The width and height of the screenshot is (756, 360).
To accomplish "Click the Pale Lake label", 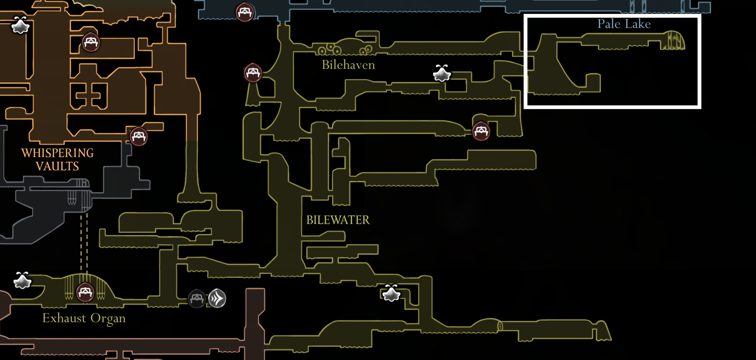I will [x=624, y=24].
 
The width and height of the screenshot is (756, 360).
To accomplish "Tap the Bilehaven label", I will [x=348, y=65].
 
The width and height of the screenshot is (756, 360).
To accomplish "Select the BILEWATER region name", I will [x=338, y=220].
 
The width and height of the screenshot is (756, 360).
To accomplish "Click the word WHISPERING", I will [x=57, y=153].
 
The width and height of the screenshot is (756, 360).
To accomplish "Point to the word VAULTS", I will [x=57, y=167].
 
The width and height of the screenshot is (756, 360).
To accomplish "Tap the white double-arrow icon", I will [x=218, y=298].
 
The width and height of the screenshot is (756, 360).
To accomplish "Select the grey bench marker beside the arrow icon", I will [x=197, y=298].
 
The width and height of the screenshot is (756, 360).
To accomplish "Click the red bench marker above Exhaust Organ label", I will [x=85, y=292].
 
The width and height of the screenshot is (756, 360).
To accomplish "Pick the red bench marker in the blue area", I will [x=245, y=12].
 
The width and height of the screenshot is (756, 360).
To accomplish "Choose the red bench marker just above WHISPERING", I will [x=139, y=136].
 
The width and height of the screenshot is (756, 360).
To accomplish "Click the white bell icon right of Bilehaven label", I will [x=442, y=73].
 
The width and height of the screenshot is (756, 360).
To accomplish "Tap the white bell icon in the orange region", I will [x=20, y=25].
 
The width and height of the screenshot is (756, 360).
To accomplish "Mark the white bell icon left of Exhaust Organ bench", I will [x=22, y=280].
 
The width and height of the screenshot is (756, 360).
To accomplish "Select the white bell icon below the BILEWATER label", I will [x=391, y=293].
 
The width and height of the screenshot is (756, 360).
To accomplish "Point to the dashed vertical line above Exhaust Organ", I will [x=84, y=242].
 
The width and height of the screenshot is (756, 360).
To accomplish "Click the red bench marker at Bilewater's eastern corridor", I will [x=481, y=132].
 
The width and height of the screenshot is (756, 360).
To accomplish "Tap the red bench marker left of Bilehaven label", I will [x=253, y=73].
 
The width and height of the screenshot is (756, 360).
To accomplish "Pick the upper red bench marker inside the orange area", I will [x=91, y=42].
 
